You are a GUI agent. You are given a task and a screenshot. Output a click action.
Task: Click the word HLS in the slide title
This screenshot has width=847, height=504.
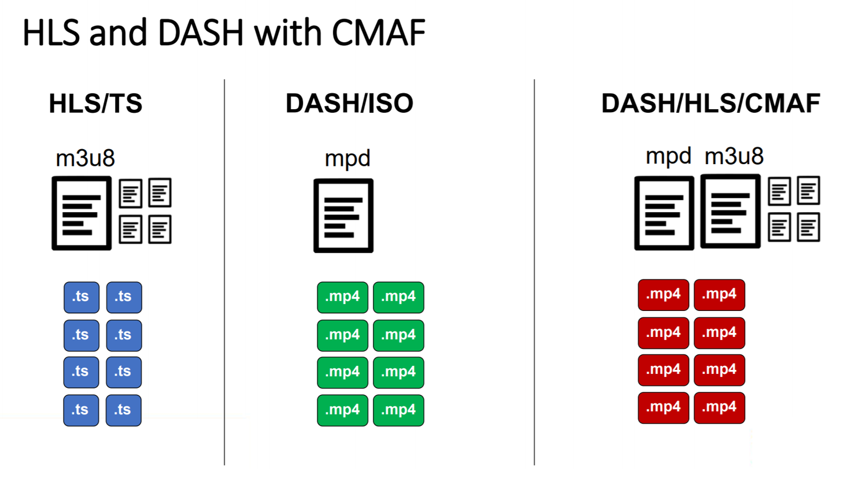[x=51, y=33]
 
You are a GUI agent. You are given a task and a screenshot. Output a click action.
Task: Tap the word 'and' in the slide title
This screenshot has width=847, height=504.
[x=118, y=33]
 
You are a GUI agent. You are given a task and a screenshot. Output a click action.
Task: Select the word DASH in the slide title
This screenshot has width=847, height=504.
[x=201, y=33]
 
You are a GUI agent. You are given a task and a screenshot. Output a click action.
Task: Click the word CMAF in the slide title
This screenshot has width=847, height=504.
[x=379, y=33]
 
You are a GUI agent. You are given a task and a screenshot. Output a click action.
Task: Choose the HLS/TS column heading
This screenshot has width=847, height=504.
[x=95, y=103]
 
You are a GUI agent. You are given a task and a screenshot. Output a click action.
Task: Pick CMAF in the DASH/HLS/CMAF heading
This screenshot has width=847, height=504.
[x=783, y=103]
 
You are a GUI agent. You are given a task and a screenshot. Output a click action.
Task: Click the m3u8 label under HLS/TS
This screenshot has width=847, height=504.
[x=85, y=158]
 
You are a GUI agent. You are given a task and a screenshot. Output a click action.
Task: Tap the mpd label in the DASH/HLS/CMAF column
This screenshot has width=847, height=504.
[x=668, y=157]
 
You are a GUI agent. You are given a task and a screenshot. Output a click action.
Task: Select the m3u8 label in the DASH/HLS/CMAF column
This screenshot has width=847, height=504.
[x=734, y=156]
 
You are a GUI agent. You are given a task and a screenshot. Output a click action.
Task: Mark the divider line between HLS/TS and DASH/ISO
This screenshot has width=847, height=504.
[x=224, y=272]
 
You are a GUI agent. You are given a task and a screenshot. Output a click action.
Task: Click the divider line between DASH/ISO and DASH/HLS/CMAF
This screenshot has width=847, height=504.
[x=534, y=272]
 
